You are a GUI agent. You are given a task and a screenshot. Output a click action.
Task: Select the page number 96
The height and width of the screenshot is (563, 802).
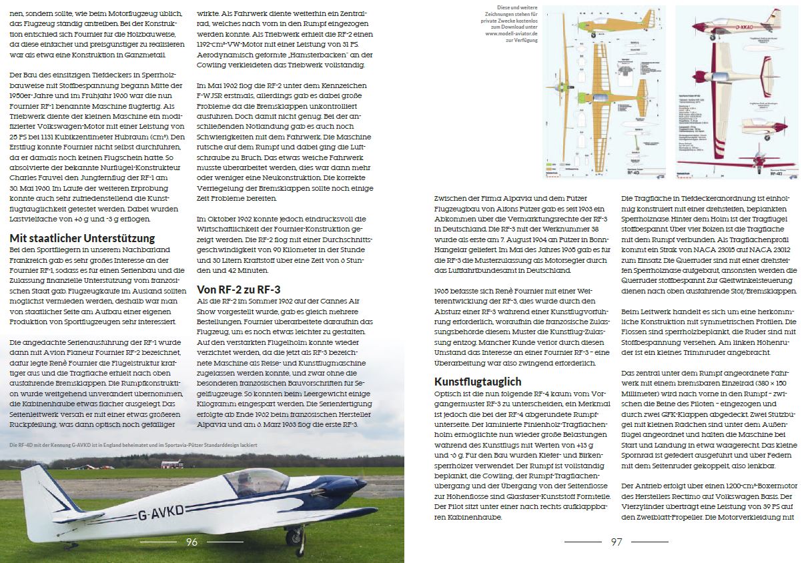coord(191,542)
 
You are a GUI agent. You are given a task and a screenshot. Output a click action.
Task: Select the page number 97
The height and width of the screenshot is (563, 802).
coord(617,542)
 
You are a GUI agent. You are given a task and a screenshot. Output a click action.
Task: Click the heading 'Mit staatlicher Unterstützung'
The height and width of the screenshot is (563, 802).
coord(83,238)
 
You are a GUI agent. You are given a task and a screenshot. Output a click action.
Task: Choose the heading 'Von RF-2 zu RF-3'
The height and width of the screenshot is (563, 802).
coord(238,289)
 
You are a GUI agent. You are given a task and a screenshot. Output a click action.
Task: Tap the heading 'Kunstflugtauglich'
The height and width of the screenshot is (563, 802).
coord(478,382)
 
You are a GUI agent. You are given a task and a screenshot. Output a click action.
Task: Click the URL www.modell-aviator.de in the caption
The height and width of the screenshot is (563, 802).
coord(510,33)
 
